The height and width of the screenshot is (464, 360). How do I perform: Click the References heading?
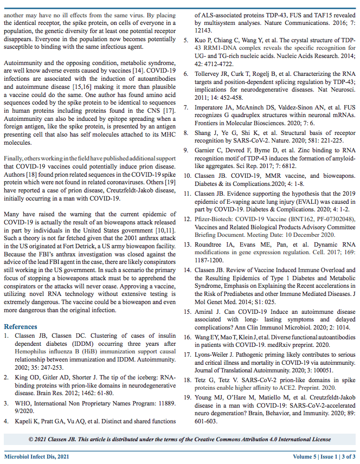21,327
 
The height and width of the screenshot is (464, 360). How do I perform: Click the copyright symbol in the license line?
31,438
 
